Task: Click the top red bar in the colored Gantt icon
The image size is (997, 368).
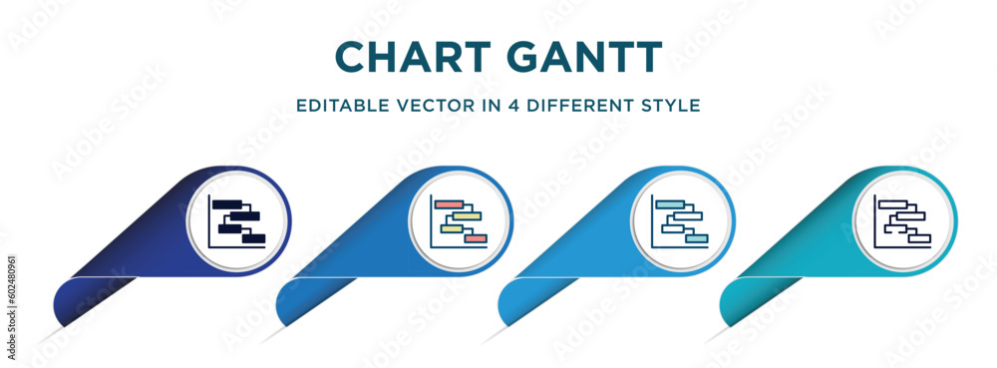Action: [x=449, y=204]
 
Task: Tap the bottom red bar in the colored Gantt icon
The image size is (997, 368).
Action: [x=475, y=239]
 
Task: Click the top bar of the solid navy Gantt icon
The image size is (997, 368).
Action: [x=227, y=204]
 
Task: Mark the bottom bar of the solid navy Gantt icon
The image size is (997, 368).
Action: [x=254, y=239]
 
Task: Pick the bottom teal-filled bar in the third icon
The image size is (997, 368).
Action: [x=696, y=239]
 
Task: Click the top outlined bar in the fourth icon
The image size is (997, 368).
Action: [x=891, y=204]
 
